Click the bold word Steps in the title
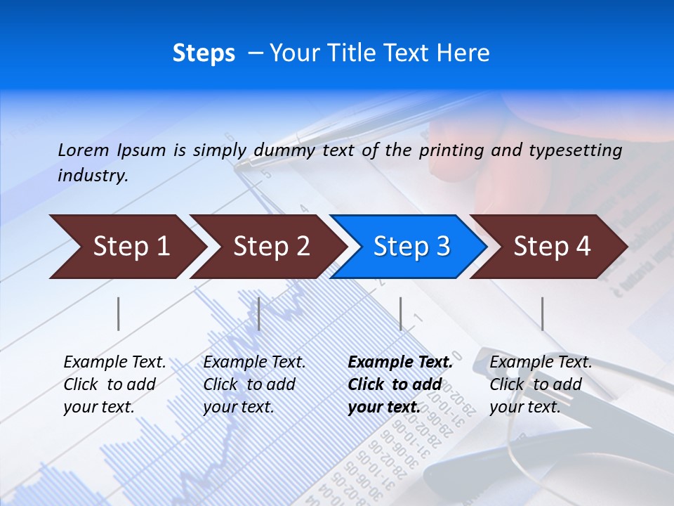[x=204, y=53]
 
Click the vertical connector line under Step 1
[x=119, y=313]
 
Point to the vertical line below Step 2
[x=259, y=313]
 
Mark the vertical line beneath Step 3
[x=401, y=313]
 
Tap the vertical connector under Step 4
[x=542, y=313]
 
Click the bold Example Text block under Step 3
[x=400, y=384]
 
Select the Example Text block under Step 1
[x=114, y=384]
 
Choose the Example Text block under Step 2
[x=254, y=384]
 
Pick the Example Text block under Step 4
[x=541, y=384]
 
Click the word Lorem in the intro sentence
[x=84, y=150]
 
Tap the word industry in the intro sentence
[x=93, y=175]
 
